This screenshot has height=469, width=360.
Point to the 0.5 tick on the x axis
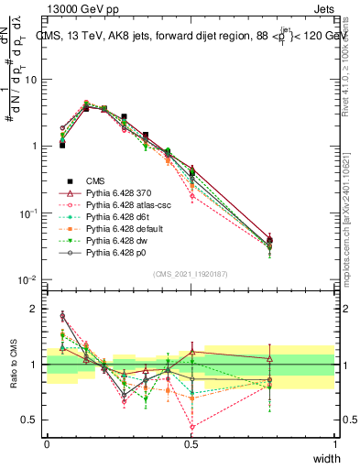pyautogui.click(x=191, y=444)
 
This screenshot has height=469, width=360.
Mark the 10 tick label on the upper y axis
pyautogui.click(x=32, y=80)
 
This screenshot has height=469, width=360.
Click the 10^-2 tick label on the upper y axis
pyautogui.click(x=30, y=279)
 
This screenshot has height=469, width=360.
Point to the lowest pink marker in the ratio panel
pyautogui.click(x=191, y=427)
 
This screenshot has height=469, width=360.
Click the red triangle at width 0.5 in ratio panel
pyautogui.click(x=191, y=352)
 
